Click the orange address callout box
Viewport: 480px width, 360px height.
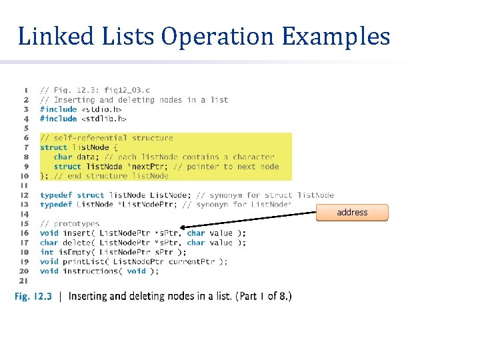352,213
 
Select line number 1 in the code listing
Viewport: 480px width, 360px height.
25,90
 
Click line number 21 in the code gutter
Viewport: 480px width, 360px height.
24,281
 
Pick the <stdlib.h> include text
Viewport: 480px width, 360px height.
104,119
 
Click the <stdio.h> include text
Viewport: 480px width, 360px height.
101,109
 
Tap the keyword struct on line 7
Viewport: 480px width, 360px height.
53,147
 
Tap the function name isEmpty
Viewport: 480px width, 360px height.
74,252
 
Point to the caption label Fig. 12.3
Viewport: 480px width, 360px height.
33,296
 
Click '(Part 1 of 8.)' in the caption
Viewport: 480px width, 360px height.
263,296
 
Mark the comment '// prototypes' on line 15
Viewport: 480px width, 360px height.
69,224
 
